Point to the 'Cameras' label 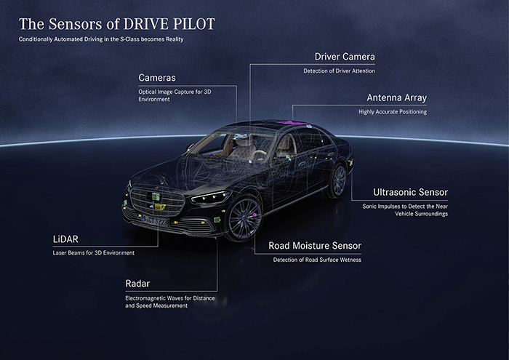coord(157,77)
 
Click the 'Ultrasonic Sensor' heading coord(410,193)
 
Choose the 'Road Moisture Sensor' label coord(315,246)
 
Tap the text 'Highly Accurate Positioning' coord(393,111)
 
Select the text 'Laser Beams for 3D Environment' coord(93,252)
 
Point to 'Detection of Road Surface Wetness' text coord(316,260)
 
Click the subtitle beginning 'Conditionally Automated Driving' coord(101,39)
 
